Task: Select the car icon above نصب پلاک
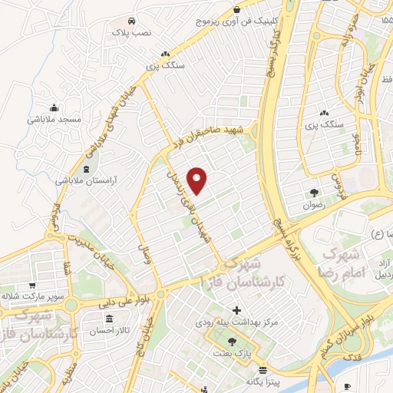point(132,20)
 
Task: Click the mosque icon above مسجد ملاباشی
point(53,107)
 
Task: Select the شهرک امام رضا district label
point(344,263)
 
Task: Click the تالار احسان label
point(108,331)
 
